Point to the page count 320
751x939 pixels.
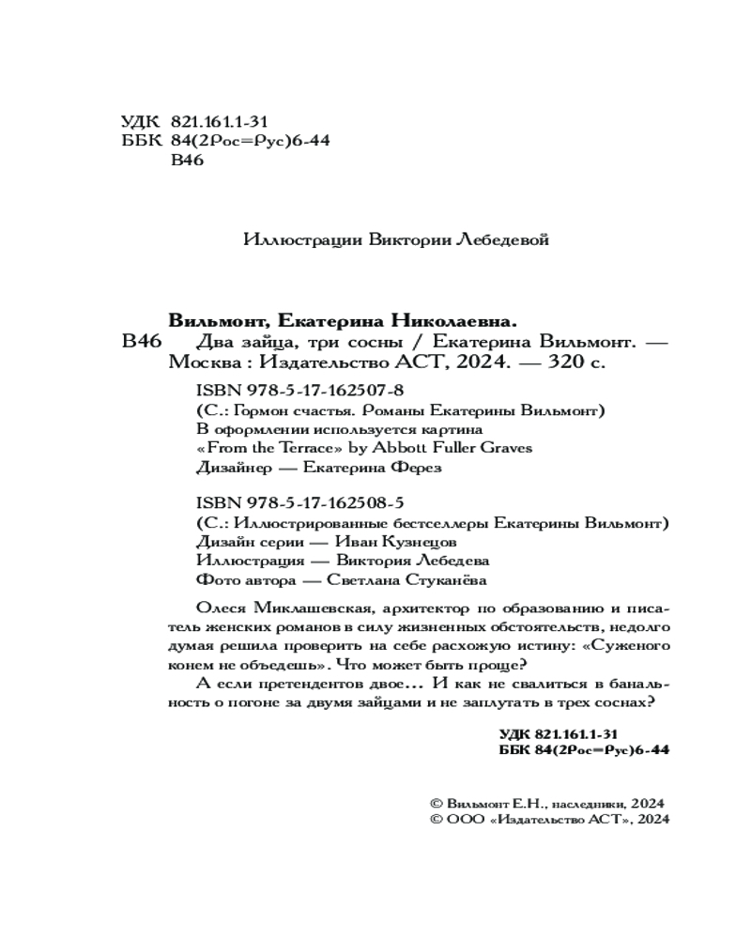[561, 360]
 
